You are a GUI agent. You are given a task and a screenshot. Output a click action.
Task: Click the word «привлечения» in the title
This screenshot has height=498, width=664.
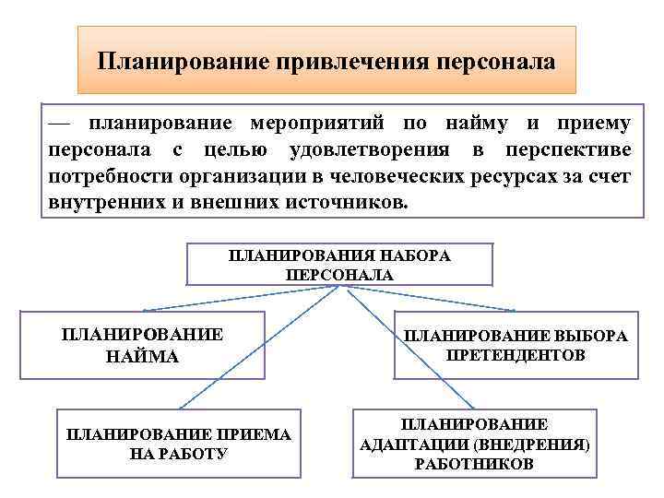coord(344,62)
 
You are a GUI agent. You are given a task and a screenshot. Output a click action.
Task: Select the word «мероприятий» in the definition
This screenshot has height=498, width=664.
coord(305,125)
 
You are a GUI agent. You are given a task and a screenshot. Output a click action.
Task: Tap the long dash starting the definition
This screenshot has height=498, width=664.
coord(60,125)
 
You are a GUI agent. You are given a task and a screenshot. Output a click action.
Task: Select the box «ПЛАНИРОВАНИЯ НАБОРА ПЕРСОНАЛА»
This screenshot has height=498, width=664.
coord(339,265)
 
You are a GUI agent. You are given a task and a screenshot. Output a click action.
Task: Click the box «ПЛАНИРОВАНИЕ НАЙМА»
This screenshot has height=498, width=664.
coord(142,345)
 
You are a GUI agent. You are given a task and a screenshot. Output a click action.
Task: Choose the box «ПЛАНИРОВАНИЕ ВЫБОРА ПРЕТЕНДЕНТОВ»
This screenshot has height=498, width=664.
coord(516,345)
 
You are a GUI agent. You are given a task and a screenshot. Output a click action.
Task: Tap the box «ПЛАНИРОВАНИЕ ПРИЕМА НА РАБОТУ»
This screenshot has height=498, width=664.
coord(179,444)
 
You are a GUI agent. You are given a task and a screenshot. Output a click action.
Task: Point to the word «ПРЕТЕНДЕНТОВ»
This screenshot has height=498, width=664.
coord(516,355)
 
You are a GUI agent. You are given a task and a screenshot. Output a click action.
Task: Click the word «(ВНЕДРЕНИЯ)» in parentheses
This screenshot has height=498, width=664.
coord(539,444)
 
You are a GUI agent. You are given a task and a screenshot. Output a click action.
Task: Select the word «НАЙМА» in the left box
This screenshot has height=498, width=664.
coord(142,355)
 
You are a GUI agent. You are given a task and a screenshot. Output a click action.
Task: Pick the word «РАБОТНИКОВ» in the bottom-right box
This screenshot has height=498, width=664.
coord(474,464)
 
